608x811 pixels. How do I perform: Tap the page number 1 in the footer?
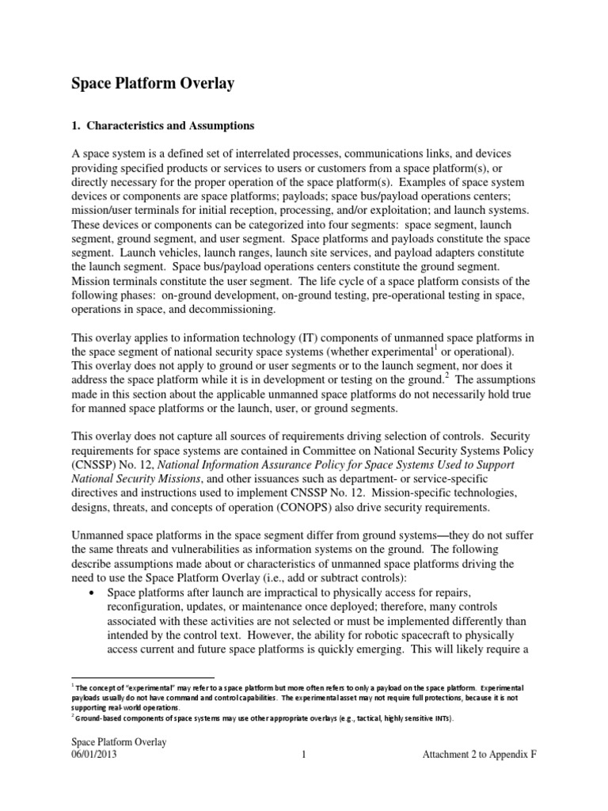304,756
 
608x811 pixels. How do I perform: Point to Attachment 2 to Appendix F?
479,756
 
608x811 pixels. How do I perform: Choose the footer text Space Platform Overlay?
120,742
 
